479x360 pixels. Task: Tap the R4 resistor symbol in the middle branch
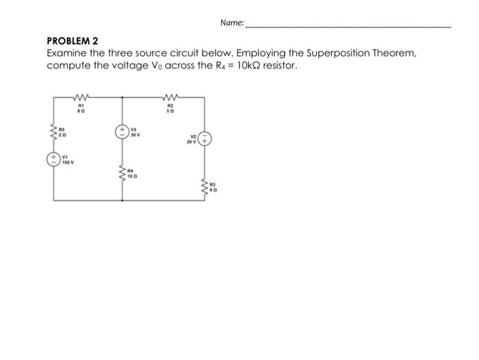coord(122,176)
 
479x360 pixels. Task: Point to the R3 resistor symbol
coord(205,185)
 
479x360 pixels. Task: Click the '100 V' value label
coord(68,164)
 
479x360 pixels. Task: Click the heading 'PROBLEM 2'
coord(73,41)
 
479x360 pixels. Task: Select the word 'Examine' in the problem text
coord(69,53)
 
